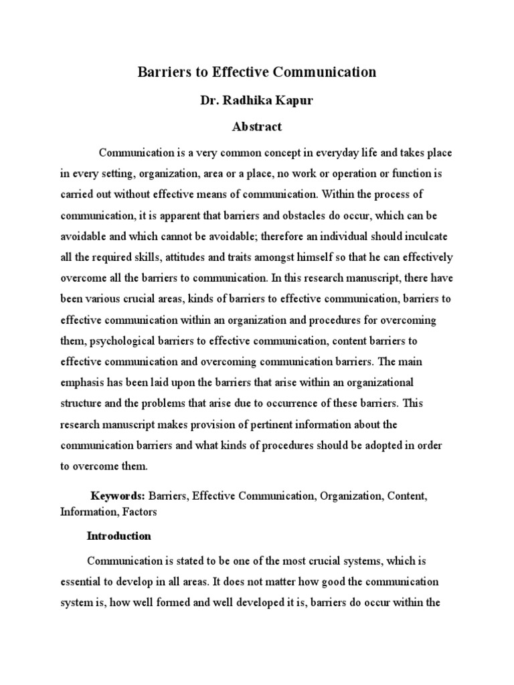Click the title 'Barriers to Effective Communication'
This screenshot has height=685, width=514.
(x=257, y=72)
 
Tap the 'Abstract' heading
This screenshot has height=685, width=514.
(x=257, y=126)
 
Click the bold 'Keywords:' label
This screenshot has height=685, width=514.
(x=118, y=496)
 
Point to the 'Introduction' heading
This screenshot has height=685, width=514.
(x=119, y=536)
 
